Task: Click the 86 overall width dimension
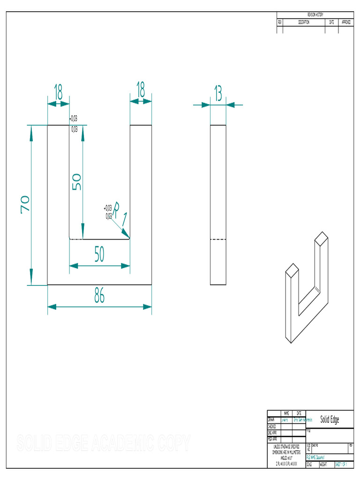click(99, 296)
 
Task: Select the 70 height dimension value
click(25, 204)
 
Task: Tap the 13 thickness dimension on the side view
click(218, 94)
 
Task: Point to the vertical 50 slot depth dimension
click(76, 181)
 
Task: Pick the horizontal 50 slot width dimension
click(99, 255)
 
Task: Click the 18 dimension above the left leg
click(59, 92)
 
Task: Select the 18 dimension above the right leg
click(140, 89)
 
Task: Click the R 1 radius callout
click(120, 213)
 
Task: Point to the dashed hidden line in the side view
click(218, 240)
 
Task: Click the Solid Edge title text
click(330, 420)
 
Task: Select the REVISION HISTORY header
click(315, 15)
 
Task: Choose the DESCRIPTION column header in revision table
click(304, 22)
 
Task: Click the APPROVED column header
click(346, 22)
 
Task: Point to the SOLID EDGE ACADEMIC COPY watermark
click(104, 442)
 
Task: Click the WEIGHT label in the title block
click(324, 465)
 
